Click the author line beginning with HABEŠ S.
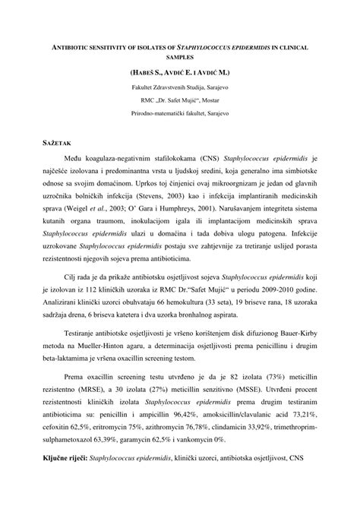pos(180,74)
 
